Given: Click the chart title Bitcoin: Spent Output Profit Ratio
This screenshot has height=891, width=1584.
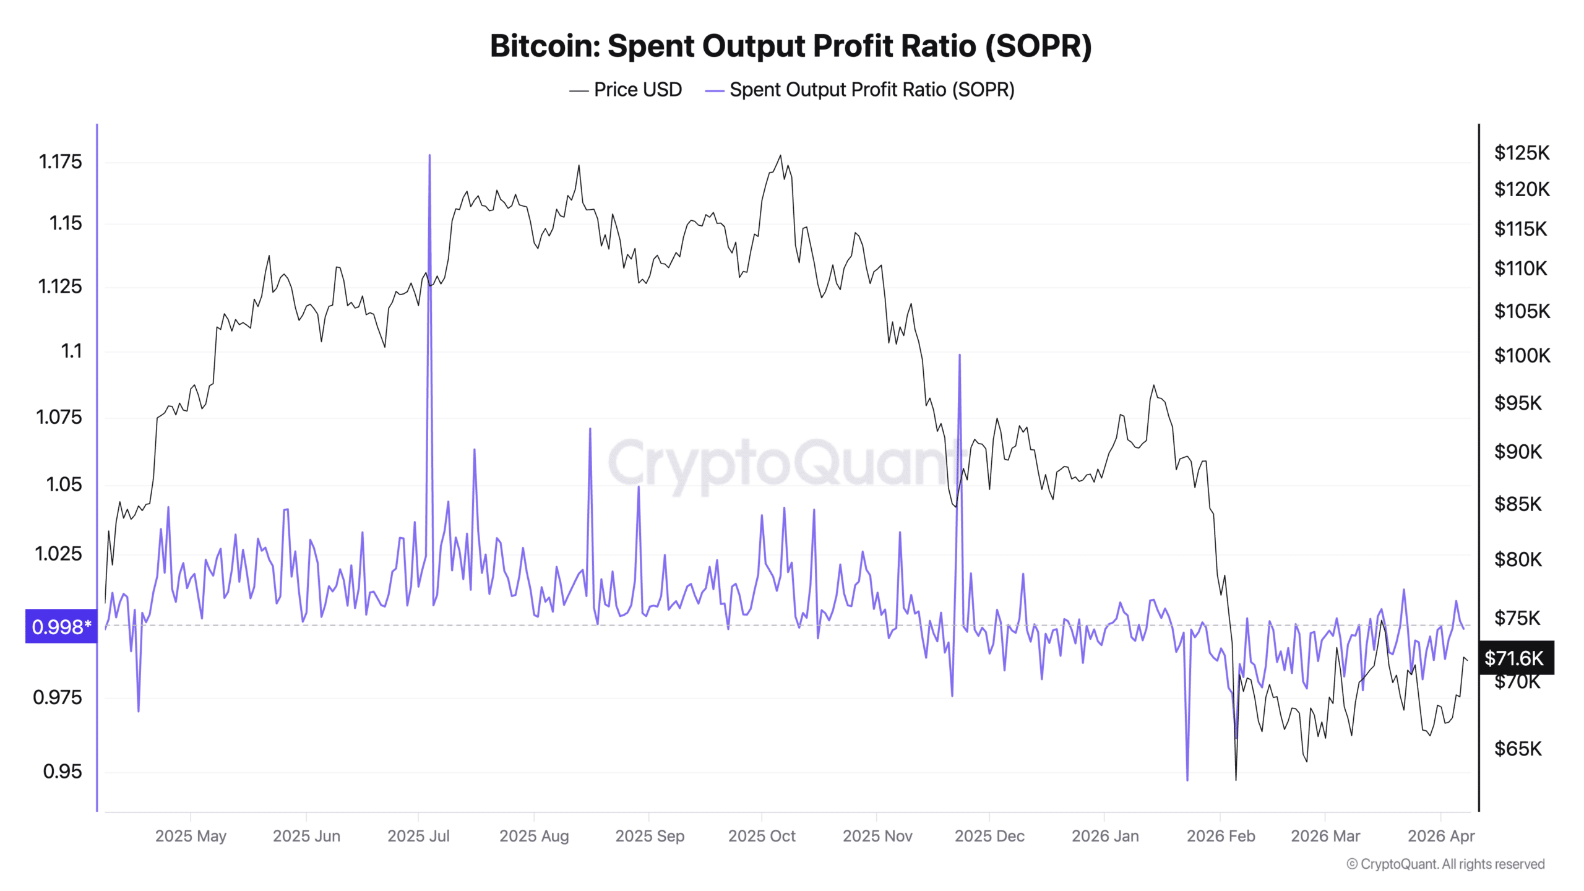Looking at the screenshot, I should [x=791, y=46].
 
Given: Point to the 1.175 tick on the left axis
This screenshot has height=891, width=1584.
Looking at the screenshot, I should [x=60, y=162].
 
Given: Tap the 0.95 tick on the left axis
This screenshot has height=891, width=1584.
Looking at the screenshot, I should [x=62, y=772].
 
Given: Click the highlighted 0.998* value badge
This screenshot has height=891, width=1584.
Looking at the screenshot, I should [x=61, y=626].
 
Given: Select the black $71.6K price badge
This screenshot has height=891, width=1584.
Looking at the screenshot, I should [x=1515, y=658].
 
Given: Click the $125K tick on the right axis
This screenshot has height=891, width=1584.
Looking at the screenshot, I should [x=1522, y=153].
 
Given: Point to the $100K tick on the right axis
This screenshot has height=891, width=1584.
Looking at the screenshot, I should [x=1522, y=356].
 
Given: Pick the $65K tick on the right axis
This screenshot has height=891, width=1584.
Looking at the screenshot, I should [x=1518, y=749].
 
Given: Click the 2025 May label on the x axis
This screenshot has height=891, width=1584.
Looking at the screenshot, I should [x=191, y=836].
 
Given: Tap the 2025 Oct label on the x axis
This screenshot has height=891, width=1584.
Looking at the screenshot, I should [x=762, y=836].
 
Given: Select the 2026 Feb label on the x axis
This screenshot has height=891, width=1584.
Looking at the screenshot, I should [x=1221, y=836].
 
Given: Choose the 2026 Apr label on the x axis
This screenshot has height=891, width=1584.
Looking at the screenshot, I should [x=1441, y=836].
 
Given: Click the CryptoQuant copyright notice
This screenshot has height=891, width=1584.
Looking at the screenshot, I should [x=1445, y=864].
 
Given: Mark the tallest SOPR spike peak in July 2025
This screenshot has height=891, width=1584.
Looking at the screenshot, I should [x=429, y=156].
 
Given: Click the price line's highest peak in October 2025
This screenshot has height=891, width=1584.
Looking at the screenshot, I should [x=780, y=156].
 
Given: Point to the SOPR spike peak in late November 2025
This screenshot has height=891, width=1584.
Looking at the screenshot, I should [x=960, y=355].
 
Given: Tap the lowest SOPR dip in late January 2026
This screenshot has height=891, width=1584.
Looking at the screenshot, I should [x=1187, y=780].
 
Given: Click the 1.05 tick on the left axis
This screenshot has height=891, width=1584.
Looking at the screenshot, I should [x=64, y=484].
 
